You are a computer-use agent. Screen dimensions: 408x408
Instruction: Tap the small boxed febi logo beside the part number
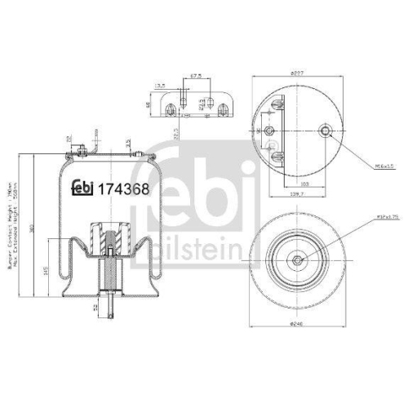82,188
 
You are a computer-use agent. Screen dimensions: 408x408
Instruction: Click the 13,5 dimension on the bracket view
162,84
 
